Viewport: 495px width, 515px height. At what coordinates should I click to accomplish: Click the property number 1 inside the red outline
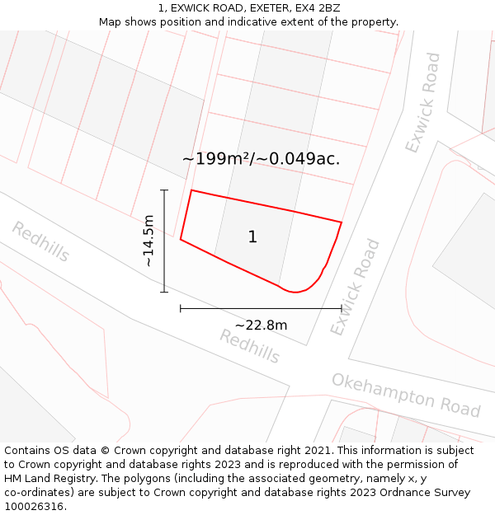(x=252, y=237)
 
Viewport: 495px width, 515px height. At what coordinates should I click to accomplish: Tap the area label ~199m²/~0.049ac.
(x=261, y=159)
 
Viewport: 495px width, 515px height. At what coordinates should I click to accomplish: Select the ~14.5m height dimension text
(x=148, y=241)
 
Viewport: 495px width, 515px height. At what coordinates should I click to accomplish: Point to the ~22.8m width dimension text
(x=261, y=325)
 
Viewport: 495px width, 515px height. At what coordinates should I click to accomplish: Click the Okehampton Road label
(x=406, y=394)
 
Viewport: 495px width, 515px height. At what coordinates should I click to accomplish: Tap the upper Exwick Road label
(x=423, y=103)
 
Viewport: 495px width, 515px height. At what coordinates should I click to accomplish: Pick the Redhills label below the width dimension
(x=250, y=346)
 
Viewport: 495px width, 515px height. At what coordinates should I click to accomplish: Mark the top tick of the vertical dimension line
(x=164, y=190)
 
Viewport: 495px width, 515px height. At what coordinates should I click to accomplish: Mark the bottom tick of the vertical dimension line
(x=164, y=292)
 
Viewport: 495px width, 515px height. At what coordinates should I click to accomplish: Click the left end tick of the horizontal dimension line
(x=181, y=308)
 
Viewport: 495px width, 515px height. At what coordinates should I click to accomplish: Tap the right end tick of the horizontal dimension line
(x=342, y=308)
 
